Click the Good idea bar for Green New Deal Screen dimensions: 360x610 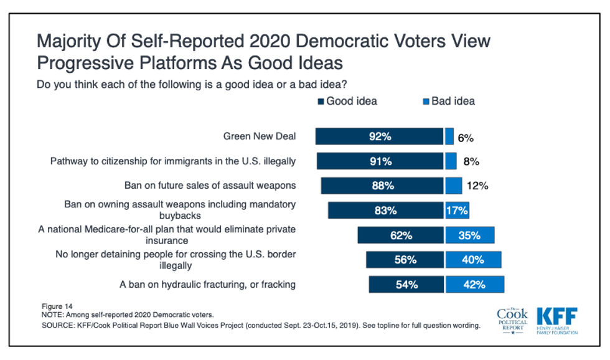(379, 136)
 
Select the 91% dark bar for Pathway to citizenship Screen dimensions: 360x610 (380, 161)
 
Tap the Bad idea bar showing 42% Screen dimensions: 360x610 (474, 285)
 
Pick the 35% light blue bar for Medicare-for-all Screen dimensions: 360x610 (470, 235)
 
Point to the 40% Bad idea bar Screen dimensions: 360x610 (473, 260)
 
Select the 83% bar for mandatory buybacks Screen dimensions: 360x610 (385, 211)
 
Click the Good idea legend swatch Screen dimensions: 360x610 (321, 102)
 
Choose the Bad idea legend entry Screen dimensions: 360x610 (448, 101)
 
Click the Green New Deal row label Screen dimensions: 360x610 (260, 136)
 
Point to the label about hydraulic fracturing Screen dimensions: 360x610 (207, 285)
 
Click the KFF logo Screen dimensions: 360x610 (556, 319)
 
